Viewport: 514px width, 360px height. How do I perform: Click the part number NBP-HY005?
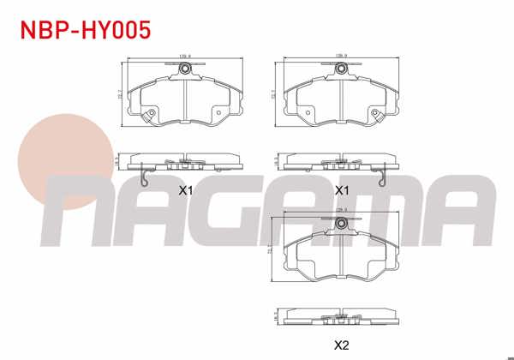pyautogui.click(x=86, y=31)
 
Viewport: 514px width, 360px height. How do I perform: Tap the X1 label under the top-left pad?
pyautogui.click(x=185, y=189)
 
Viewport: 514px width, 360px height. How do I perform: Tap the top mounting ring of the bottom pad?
pyautogui.click(x=343, y=224)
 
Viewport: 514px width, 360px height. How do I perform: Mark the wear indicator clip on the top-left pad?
pyautogui.click(x=150, y=117)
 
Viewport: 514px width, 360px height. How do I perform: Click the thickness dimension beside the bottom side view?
pyautogui.click(x=276, y=316)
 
